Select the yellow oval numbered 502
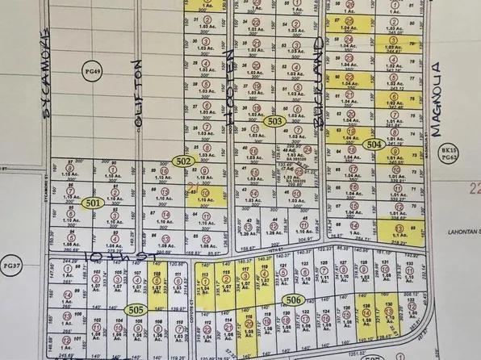[185, 161]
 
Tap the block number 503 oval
[275, 121]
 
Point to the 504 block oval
[373, 144]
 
